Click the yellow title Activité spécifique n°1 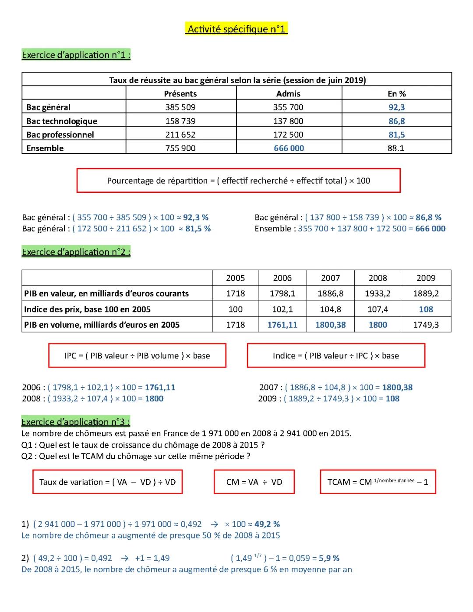[x=236, y=29]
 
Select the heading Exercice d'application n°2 [x=76, y=252]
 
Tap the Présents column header [x=180, y=93]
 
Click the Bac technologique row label [x=62, y=121]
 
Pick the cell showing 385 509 [x=180, y=107]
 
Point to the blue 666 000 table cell [x=289, y=148]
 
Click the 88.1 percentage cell [x=396, y=148]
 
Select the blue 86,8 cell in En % [x=396, y=121]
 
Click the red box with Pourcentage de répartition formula [x=238, y=180]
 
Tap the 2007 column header [x=330, y=278]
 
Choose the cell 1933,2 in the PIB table [x=378, y=294]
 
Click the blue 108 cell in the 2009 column [x=426, y=309]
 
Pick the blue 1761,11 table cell [x=282, y=325]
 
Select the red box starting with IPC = [x=137, y=356]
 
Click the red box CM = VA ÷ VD [x=254, y=482]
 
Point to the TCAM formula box [x=378, y=482]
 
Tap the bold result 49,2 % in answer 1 [x=267, y=524]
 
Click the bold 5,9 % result [x=329, y=558]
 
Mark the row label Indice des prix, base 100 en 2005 [x=87, y=309]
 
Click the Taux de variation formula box [x=107, y=482]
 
